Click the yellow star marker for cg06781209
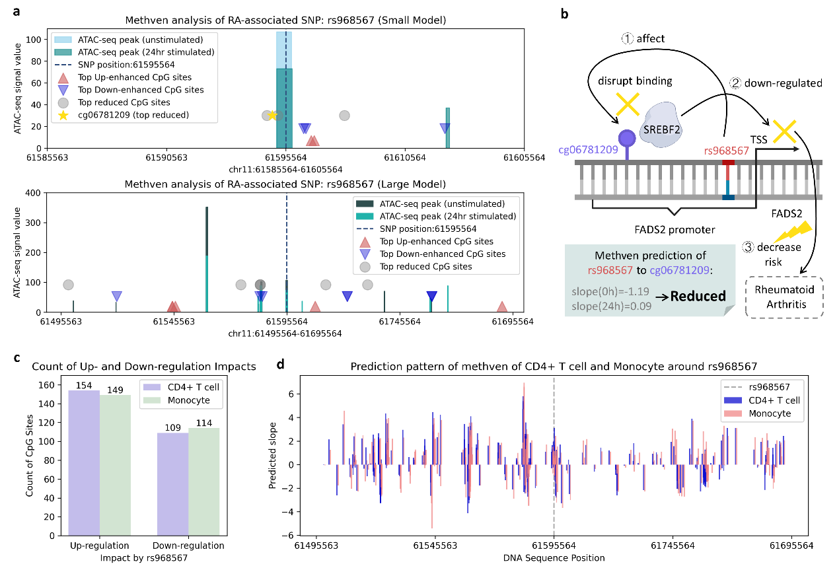pos(272,115)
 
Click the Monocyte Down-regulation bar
pos(203,482)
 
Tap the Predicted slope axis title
pos(273,456)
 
